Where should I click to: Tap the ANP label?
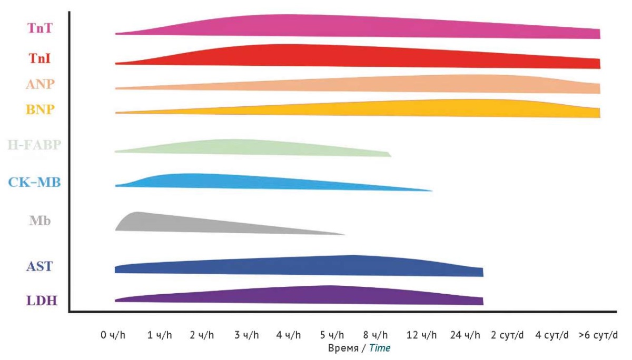coord(40,84)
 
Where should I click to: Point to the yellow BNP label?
coord(40,109)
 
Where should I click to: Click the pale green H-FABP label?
coord(35,144)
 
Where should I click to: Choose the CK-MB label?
coord(35,183)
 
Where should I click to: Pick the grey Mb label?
coord(40,221)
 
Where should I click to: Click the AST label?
coord(39,266)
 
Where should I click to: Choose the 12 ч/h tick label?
coord(421,335)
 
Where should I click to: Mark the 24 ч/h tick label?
coord(466,335)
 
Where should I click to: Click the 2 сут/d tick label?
coord(508,335)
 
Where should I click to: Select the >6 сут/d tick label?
coord(598,335)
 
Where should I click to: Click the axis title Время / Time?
coord(359,348)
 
